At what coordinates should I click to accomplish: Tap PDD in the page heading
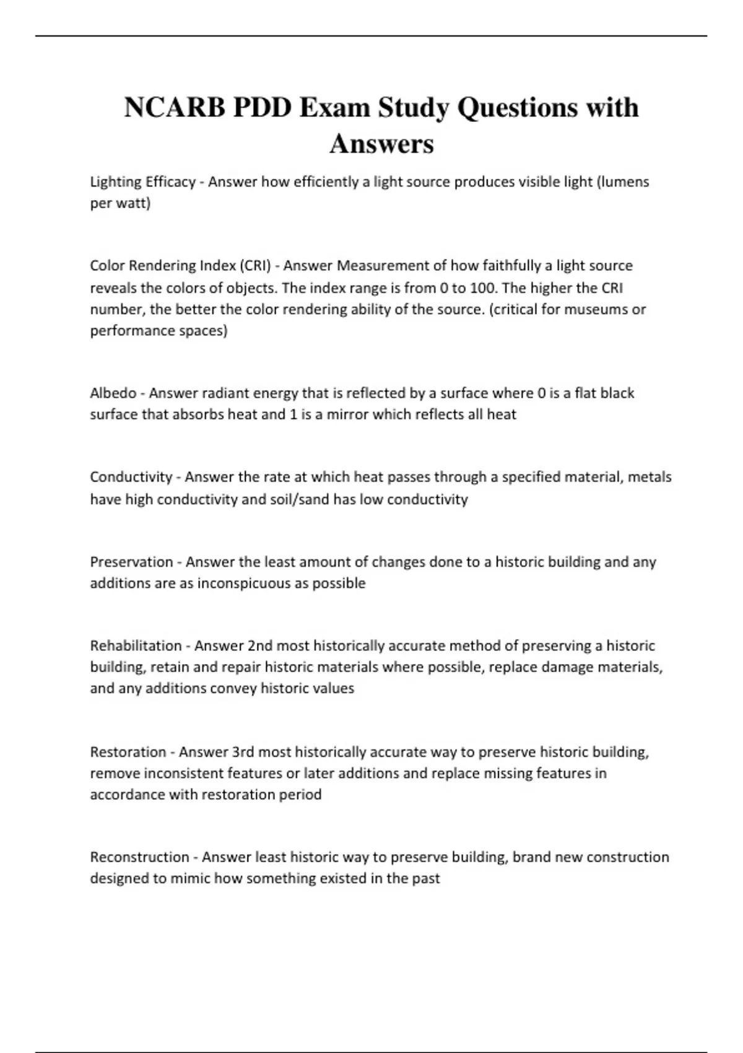pos(263,108)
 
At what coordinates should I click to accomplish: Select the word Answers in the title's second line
pos(381,144)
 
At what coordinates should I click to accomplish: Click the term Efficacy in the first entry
pos(170,182)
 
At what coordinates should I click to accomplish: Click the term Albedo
pos(113,393)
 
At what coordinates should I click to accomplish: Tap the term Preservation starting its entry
pos(131,562)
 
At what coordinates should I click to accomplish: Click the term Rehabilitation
pos(136,646)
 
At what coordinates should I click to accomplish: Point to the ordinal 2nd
pos(260,646)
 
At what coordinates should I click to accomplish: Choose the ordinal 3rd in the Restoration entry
pos(243,752)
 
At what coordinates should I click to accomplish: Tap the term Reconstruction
pos(139,857)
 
